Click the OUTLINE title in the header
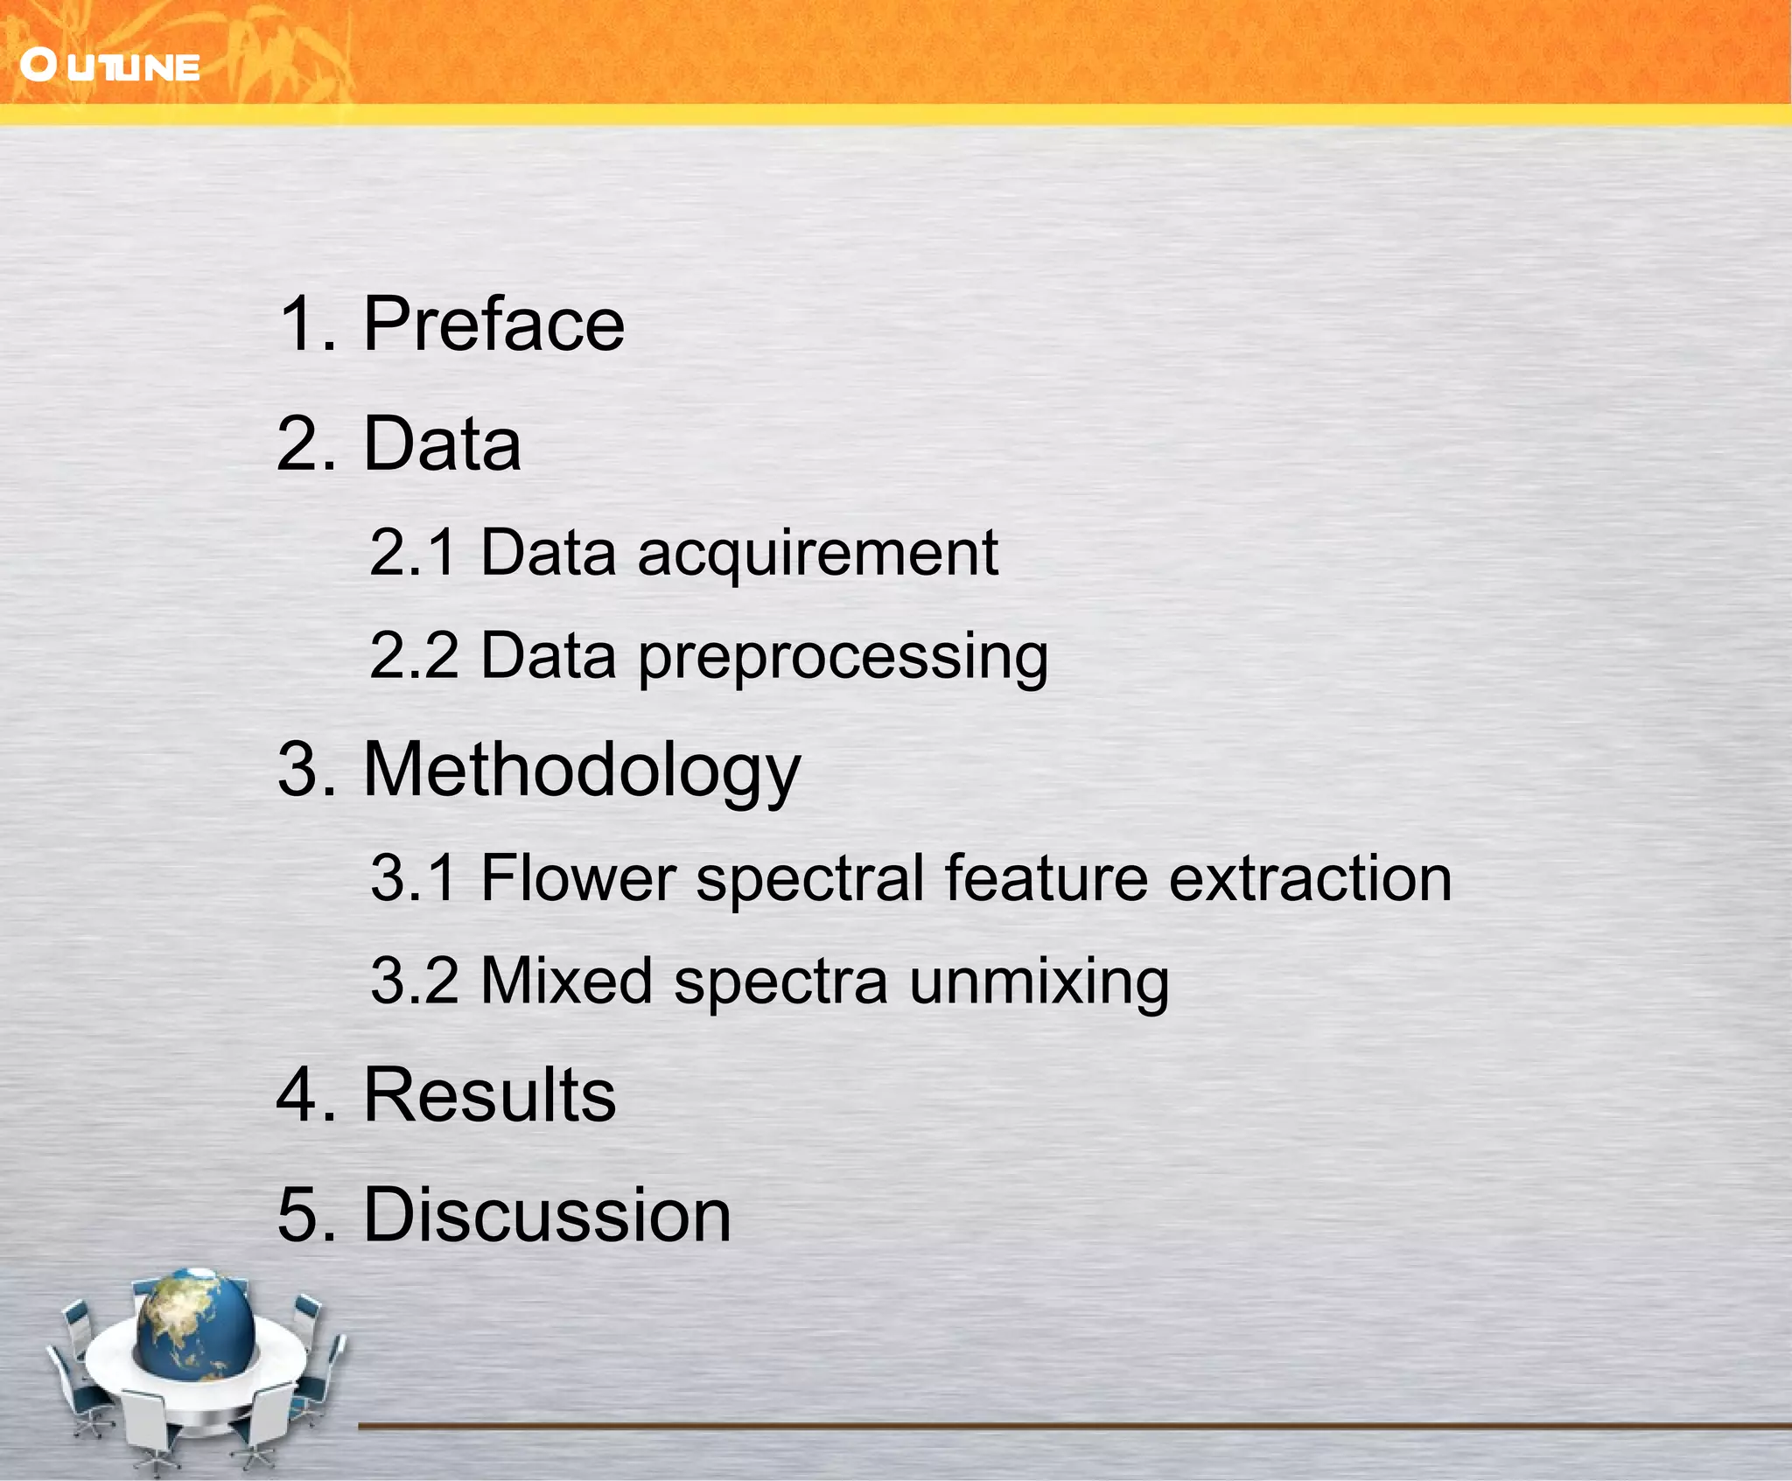111,66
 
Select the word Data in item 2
442,444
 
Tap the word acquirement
817,555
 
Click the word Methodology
581,770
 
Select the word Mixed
566,981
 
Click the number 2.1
413,553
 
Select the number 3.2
414,981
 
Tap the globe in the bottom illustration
195,1322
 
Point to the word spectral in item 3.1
809,879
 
